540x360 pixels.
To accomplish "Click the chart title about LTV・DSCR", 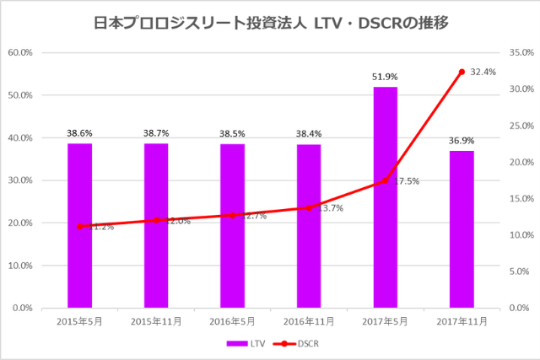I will point(270,24).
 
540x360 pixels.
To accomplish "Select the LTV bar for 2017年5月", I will point(385,197).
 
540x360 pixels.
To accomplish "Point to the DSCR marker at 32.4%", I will point(462,72).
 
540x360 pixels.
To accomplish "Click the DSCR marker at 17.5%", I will point(385,180).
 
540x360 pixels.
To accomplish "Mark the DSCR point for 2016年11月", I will point(309,207).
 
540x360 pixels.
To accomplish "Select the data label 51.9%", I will point(385,78).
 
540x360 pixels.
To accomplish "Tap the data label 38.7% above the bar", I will point(156,134).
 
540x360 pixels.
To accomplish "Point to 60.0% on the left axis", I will point(20,52).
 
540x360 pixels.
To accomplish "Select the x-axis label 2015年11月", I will point(156,321).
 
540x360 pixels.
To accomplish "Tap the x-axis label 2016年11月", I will point(309,321).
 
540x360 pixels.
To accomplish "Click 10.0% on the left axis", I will point(20,266).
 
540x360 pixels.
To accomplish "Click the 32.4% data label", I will point(483,73).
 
